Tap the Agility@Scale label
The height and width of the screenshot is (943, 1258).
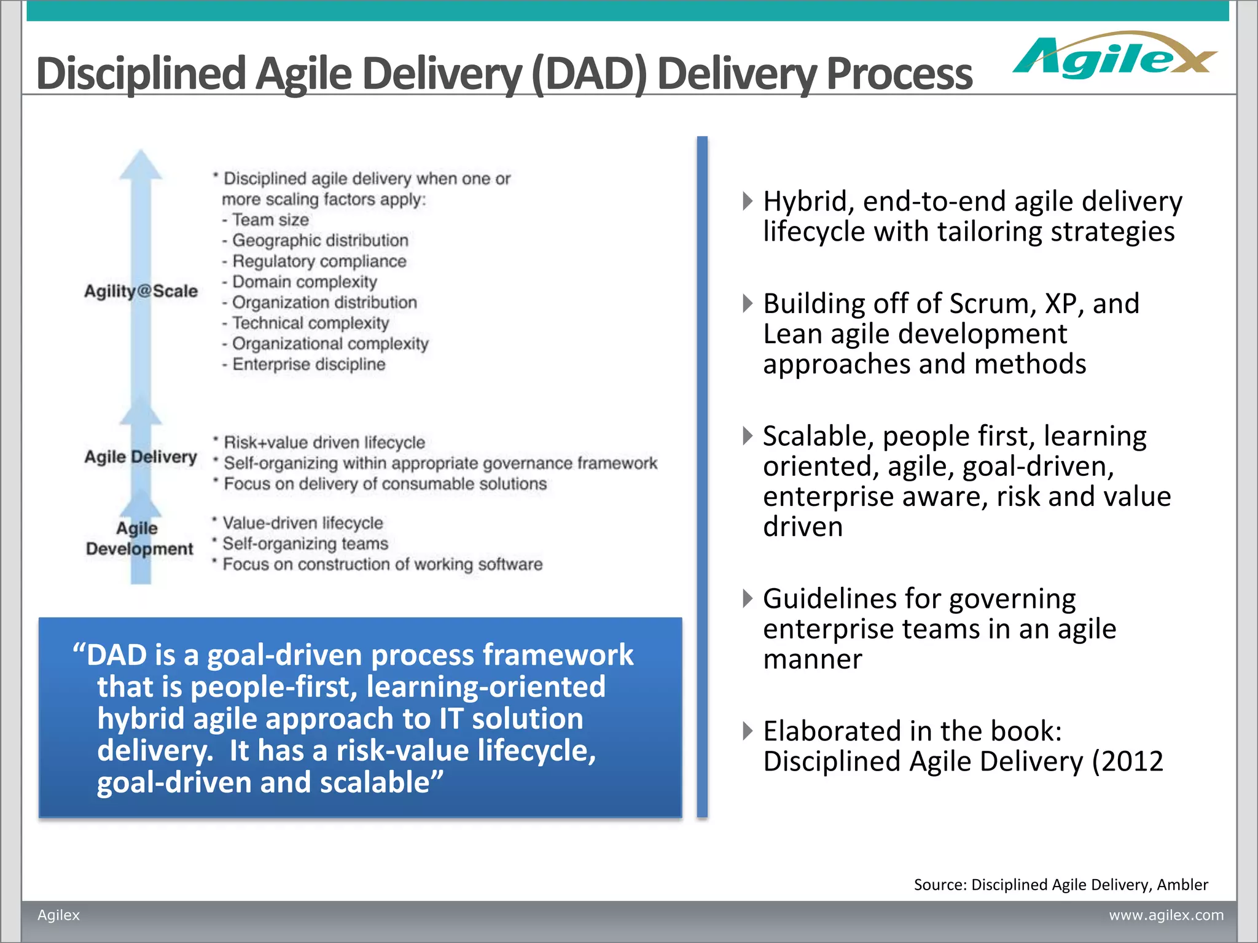click(141, 291)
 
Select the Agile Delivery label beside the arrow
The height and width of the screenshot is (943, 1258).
click(141, 457)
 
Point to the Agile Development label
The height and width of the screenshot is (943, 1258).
click(139, 538)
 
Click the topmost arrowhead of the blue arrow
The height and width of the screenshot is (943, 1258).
click(141, 164)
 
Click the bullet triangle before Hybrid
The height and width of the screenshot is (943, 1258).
click(747, 201)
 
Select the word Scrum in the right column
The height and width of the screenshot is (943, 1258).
click(988, 304)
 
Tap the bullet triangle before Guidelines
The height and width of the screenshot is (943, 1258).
click(747, 598)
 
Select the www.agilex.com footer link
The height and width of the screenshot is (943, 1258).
click(1165, 915)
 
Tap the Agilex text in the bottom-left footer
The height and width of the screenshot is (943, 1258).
click(58, 915)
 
